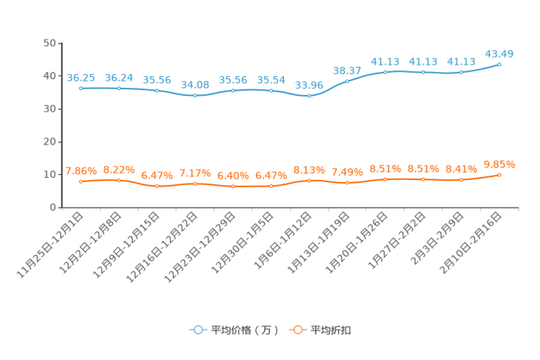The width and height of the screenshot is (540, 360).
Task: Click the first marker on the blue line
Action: (x=81, y=88)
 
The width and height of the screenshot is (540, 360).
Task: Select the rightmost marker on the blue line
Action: (x=499, y=65)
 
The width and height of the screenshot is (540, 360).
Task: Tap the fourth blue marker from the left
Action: (x=195, y=96)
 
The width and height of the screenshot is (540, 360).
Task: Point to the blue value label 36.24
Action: (x=118, y=76)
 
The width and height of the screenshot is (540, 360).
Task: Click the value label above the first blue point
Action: (x=81, y=76)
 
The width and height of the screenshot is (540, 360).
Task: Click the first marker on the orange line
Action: (x=81, y=182)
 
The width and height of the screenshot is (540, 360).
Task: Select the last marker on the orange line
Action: (x=499, y=175)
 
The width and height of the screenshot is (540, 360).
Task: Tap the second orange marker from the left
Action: (x=119, y=180)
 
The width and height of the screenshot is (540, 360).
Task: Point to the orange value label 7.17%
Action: (x=195, y=173)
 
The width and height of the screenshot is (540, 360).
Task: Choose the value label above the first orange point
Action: (x=81, y=171)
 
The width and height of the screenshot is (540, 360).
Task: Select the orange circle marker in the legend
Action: (x=297, y=330)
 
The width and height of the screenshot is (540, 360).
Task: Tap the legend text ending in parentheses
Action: (x=245, y=330)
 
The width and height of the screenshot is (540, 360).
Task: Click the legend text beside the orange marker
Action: (x=332, y=330)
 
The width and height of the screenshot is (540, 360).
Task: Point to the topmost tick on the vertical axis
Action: (x=58, y=44)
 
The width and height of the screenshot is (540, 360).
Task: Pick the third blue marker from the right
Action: (x=423, y=73)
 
